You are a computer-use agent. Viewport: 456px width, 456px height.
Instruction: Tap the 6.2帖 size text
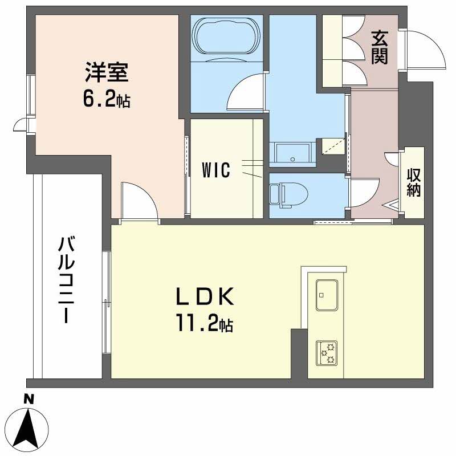click(x=106, y=100)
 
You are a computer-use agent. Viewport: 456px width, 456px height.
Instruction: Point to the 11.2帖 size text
click(x=203, y=325)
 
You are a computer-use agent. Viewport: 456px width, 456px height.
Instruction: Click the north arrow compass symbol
click(x=28, y=428)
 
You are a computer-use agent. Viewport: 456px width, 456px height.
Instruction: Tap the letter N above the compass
click(x=28, y=399)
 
